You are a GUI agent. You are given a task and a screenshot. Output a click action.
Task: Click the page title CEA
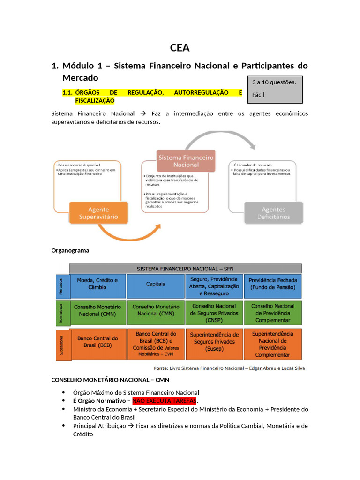click(180, 47)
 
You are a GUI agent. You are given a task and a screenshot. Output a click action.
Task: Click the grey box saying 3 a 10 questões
click(275, 89)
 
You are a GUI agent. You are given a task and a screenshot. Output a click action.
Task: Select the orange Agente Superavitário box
click(98, 213)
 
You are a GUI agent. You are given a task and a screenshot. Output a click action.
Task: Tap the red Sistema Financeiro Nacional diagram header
click(186, 161)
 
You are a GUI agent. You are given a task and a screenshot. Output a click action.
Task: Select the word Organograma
click(70, 250)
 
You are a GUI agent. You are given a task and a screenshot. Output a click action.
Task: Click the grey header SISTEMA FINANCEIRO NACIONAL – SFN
click(185, 269)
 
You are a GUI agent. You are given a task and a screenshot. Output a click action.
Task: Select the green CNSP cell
click(214, 313)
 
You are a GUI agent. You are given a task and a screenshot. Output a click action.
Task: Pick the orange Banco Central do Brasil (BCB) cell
click(97, 341)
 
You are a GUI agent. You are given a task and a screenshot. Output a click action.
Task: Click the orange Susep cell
click(214, 341)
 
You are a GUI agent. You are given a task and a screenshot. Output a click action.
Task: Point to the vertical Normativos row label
click(60, 313)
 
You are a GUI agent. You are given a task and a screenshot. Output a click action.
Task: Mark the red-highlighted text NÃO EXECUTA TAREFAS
click(165, 401)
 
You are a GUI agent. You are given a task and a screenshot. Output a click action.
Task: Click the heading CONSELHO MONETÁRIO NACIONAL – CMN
click(110, 379)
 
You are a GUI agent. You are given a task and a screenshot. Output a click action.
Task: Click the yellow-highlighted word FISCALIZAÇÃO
click(95, 101)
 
